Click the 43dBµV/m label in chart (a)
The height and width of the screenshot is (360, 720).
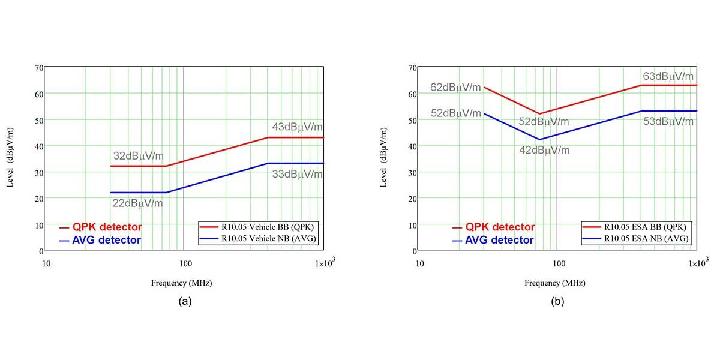point(298,127)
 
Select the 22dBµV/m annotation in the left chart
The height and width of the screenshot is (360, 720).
point(137,203)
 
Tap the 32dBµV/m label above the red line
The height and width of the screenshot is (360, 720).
point(137,156)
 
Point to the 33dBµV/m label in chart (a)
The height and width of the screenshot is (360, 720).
point(298,174)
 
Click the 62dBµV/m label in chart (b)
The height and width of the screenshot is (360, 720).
point(455,88)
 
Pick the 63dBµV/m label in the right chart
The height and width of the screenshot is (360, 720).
point(668,76)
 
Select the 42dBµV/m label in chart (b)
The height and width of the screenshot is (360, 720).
point(544,150)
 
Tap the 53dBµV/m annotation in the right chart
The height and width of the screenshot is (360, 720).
point(668,121)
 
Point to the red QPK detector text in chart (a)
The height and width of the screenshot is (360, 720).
point(107,227)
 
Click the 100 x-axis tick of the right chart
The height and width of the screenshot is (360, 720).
point(559,263)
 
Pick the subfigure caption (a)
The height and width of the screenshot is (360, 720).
point(185,302)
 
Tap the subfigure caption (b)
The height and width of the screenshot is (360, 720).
point(558,302)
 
